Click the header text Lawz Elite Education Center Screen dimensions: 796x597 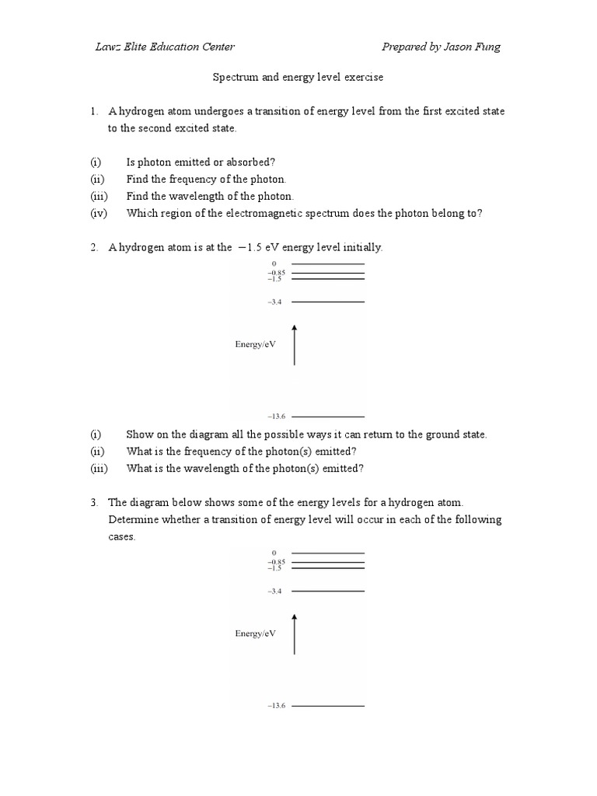pos(164,47)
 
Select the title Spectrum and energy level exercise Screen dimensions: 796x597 pos(298,79)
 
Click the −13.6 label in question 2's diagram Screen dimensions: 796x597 pos(277,417)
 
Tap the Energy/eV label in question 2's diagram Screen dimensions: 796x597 pos(256,344)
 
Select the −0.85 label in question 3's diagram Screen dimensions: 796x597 pos(277,562)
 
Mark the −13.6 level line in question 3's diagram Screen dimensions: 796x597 pos(327,706)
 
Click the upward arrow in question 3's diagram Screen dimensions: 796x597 pos(294,634)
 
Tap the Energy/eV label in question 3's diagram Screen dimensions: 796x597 pos(256,634)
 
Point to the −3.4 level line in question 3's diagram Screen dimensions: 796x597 pos(327,591)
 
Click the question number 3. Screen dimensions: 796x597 pos(93,503)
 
